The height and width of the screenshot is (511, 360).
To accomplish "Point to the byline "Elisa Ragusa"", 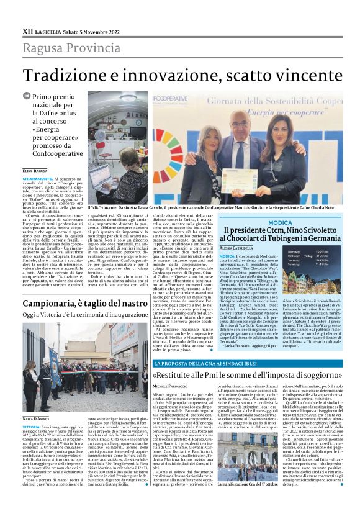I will click(x=35, y=170).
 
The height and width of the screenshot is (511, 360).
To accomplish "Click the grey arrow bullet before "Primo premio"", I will click(x=27, y=96).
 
